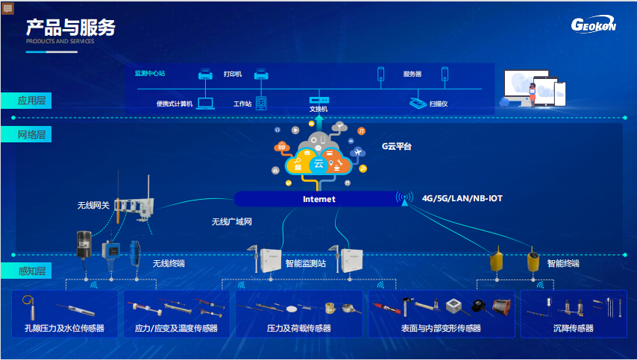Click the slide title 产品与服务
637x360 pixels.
coord(71,28)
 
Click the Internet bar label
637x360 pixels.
coord(319,199)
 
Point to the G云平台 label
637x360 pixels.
coord(397,147)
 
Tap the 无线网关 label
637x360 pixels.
coord(93,205)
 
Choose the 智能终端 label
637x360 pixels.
coord(562,263)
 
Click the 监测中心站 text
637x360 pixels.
coord(149,74)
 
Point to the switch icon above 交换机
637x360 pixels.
coord(318,100)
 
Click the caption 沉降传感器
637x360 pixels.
coord(574,328)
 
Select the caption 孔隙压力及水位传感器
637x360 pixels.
coord(64,328)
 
